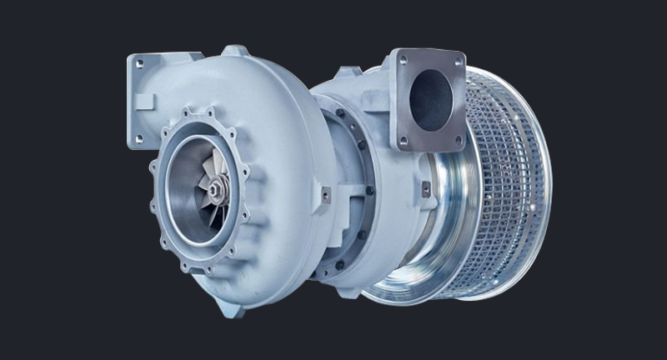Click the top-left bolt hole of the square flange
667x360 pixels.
[x=403, y=60]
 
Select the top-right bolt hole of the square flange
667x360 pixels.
[x=458, y=61]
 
